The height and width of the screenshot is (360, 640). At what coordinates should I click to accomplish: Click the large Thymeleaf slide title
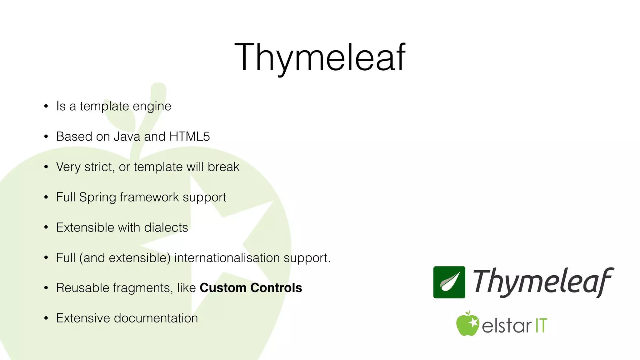click(320, 58)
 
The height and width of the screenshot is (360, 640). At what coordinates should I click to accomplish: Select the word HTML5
click(189, 137)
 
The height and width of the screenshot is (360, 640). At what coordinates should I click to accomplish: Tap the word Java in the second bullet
click(127, 137)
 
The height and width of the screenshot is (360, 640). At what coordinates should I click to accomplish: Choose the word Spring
click(97, 197)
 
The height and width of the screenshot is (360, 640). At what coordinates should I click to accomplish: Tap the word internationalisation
click(227, 258)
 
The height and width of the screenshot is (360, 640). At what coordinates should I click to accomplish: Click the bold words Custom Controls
click(251, 288)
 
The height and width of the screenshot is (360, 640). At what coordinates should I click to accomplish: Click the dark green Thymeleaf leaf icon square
click(449, 282)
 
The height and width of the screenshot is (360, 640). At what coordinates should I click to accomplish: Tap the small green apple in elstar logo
click(467, 324)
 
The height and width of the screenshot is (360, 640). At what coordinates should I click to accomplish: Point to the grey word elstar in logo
click(506, 326)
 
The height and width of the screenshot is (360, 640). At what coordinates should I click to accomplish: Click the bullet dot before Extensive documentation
click(46, 318)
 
